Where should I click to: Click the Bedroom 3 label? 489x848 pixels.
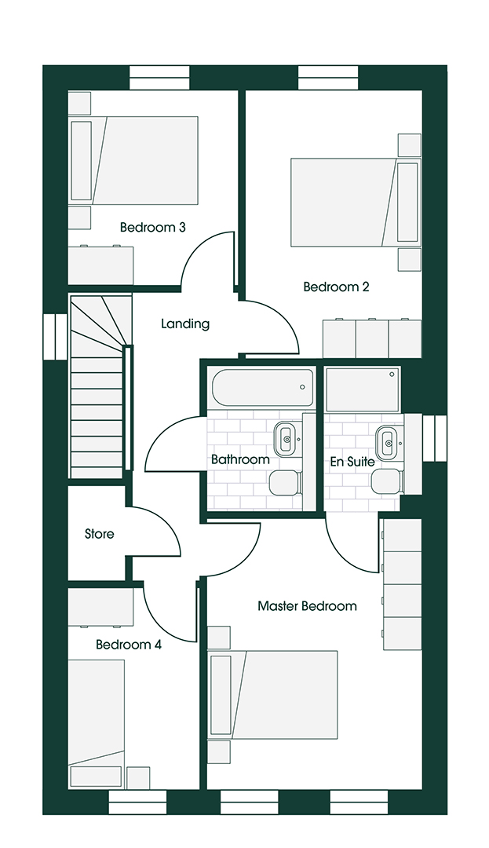[x=152, y=228]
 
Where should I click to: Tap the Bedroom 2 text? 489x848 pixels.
[x=336, y=287]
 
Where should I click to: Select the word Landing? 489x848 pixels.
[x=185, y=323]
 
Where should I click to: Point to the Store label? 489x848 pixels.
[x=99, y=534]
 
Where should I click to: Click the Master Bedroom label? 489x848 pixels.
[x=307, y=606]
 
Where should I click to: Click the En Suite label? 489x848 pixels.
[x=351, y=461]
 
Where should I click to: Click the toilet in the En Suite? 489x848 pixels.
[x=385, y=481]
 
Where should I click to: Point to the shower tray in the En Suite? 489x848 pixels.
[x=362, y=389]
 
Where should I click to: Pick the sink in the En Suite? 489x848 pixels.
[x=386, y=441]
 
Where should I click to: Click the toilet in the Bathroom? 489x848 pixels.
[x=283, y=482]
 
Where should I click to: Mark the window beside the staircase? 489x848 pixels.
[x=56, y=337]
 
